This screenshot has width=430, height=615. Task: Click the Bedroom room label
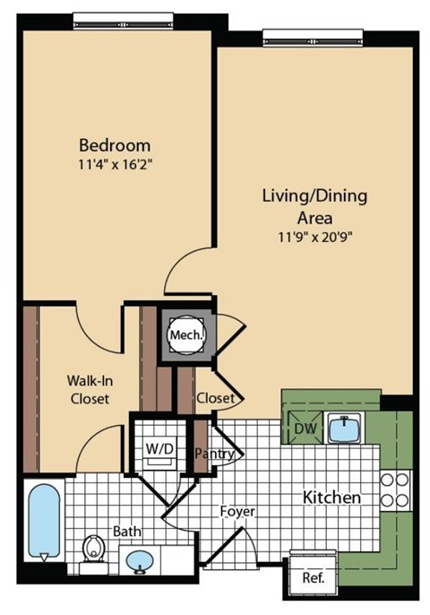coord(115,144)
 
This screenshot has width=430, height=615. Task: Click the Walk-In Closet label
coord(89,389)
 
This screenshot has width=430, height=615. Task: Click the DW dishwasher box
coord(305,429)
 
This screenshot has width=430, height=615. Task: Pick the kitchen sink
coord(344,429)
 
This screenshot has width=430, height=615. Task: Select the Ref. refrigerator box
coord(313,578)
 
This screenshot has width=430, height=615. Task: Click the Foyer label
coord(238,512)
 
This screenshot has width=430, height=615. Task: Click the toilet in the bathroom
coord(92,548)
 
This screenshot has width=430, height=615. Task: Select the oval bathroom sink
coord(138,562)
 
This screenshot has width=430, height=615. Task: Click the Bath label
coord(126,532)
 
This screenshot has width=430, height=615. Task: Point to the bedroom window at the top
coord(117,17)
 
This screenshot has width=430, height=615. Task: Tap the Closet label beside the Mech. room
coord(215,397)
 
